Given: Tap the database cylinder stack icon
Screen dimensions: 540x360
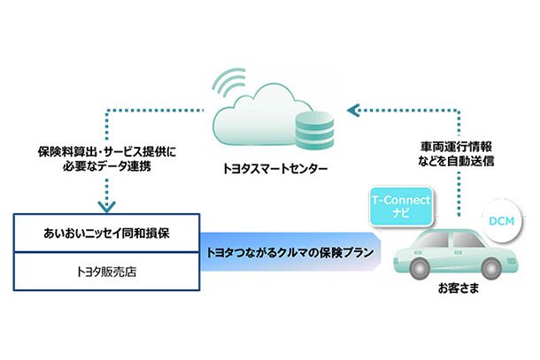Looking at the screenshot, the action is click(314, 130).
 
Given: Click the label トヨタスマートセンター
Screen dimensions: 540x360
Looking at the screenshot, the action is click(275, 169).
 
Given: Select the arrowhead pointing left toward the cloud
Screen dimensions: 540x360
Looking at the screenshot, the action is click(354, 111).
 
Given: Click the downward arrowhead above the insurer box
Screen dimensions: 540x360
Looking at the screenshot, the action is click(107, 207).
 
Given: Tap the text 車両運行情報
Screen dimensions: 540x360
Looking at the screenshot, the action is click(456, 147).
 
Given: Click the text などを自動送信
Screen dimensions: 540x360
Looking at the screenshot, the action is click(456, 161).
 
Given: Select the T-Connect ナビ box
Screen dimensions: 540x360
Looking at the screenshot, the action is click(401, 206).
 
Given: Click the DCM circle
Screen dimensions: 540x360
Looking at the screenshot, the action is click(502, 221).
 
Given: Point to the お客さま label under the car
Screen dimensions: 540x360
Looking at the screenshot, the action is click(459, 288).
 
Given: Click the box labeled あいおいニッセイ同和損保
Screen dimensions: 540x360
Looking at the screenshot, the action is click(107, 233).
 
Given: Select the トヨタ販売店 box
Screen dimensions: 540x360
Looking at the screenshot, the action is click(107, 272).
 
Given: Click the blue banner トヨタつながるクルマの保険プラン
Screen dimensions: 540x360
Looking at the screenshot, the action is click(290, 252).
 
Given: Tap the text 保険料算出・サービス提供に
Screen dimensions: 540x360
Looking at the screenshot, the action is click(107, 152).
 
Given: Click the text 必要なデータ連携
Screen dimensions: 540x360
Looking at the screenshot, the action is click(107, 166).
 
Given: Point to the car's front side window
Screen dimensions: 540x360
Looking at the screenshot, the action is click(467, 239).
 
